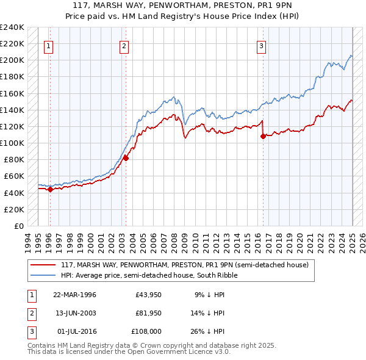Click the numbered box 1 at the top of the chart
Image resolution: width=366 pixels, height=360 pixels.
[x=48, y=45]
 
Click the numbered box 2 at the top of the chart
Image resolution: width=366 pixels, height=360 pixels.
[x=124, y=45]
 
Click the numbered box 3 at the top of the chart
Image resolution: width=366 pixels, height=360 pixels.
[x=261, y=45]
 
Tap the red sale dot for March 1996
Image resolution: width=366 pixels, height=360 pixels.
[x=50, y=189]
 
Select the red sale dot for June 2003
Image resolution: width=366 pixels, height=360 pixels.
[x=126, y=158]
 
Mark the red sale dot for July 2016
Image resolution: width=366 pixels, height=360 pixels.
[x=263, y=136]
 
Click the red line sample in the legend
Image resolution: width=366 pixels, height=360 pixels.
[x=43, y=265]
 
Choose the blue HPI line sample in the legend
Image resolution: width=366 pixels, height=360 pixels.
[x=43, y=276]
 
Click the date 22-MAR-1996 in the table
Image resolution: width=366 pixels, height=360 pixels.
[x=74, y=295]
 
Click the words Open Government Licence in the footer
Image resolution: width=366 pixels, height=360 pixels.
[x=176, y=352]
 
